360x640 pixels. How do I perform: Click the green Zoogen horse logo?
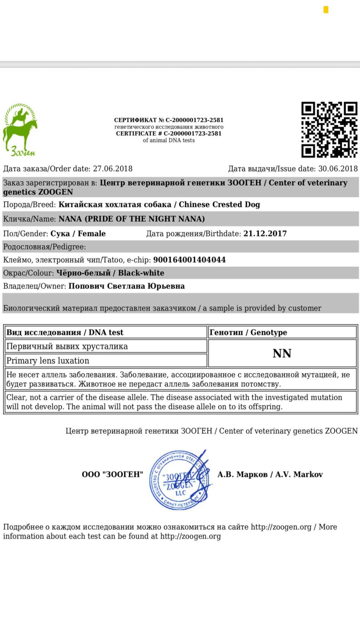(x=20, y=129)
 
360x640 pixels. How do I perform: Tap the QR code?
(x=329, y=130)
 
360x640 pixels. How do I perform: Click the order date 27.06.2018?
(x=112, y=169)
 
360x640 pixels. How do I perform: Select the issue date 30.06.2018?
(x=338, y=169)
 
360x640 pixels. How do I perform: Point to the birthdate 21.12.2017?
(x=265, y=234)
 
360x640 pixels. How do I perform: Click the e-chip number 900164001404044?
(x=189, y=260)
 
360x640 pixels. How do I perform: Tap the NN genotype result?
(x=282, y=354)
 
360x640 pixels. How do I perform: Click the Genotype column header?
(x=248, y=332)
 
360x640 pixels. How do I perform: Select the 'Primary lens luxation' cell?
(x=48, y=361)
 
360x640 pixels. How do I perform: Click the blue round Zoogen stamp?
(x=180, y=480)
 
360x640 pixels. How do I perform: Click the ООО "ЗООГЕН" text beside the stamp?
(x=112, y=474)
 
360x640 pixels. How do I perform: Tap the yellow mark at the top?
(x=326, y=10)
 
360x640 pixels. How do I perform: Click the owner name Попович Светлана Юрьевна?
(x=127, y=286)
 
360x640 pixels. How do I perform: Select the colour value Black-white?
(x=141, y=273)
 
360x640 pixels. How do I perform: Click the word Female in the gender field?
(x=92, y=234)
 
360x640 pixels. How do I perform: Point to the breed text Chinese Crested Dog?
(x=219, y=205)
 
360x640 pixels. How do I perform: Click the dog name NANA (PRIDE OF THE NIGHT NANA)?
(x=131, y=219)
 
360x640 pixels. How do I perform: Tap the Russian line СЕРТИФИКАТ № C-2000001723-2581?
(x=169, y=120)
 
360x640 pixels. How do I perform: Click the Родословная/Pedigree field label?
(x=44, y=247)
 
